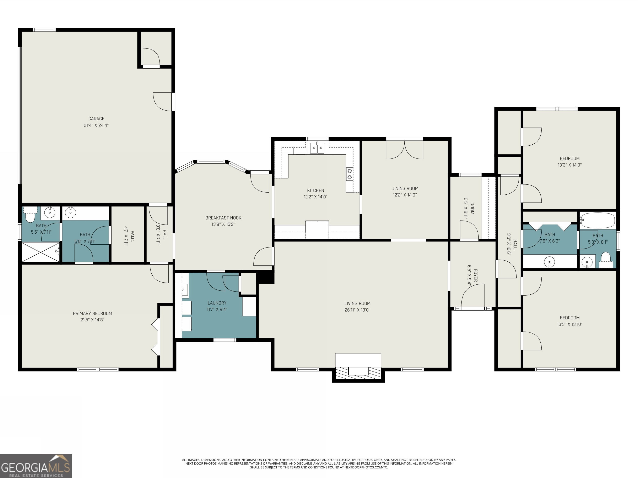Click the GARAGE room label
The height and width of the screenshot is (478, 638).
pos(96,119)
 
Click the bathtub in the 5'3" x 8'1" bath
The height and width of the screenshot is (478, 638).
pos(597,221)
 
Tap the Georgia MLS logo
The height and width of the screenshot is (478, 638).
pos(36,466)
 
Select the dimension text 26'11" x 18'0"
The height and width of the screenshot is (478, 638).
pos(357,310)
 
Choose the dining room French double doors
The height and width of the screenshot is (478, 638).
pos(405,150)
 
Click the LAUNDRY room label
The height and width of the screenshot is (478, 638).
pos(217,303)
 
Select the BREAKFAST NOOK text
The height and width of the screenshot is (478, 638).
pos(223,218)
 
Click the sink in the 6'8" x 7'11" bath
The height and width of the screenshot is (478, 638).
pos(70,213)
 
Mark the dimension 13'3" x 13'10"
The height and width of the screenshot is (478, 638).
pos(570,324)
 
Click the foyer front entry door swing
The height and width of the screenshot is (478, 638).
pos(472,296)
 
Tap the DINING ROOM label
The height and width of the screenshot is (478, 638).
pos(405,188)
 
